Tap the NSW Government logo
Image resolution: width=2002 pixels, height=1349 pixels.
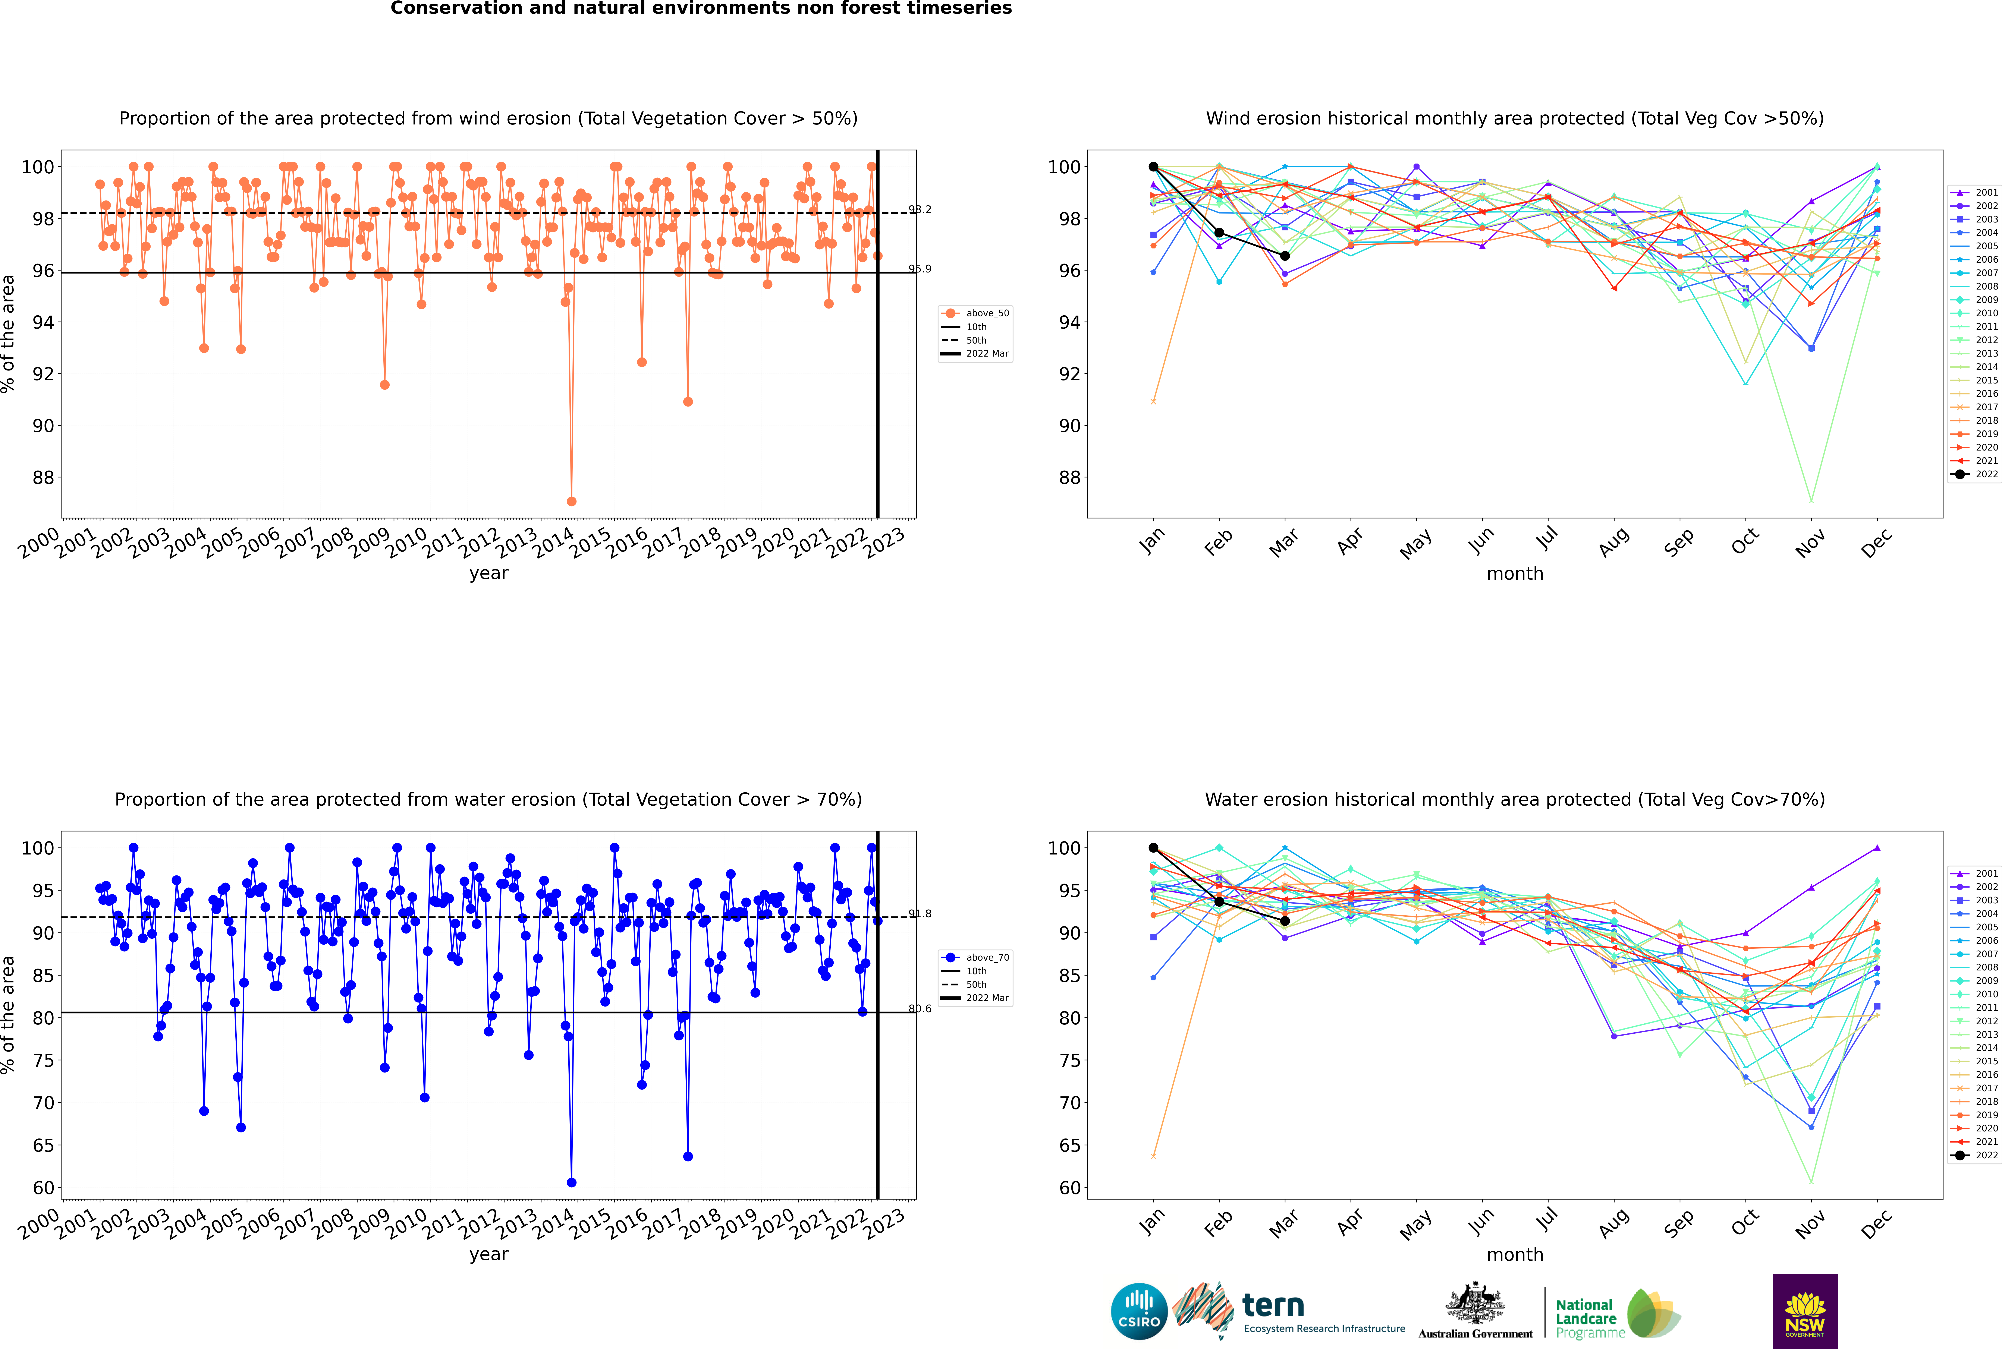click(1805, 1311)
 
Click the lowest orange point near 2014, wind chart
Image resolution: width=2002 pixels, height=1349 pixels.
click(572, 501)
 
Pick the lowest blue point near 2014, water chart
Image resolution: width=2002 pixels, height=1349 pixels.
click(572, 1182)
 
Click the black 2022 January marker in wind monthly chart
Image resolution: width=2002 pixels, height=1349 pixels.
click(1153, 167)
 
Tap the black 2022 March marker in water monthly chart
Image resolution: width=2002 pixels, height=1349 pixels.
click(1285, 920)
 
